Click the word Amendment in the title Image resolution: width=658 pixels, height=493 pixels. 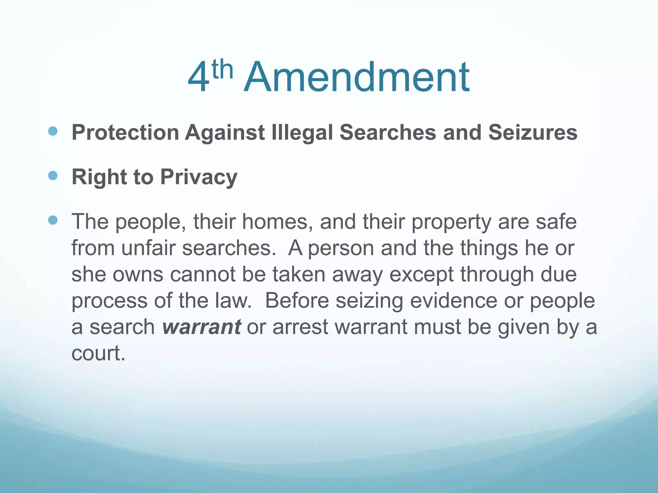[x=357, y=78]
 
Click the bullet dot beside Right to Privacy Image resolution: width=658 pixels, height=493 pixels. [x=53, y=176]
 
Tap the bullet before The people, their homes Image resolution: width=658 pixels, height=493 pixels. [x=53, y=220]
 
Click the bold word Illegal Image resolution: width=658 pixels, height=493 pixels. [x=302, y=133]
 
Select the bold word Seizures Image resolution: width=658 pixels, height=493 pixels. [x=533, y=132]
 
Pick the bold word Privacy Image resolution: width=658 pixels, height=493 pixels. [x=199, y=177]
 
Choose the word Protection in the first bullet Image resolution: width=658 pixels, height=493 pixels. [x=125, y=132]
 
